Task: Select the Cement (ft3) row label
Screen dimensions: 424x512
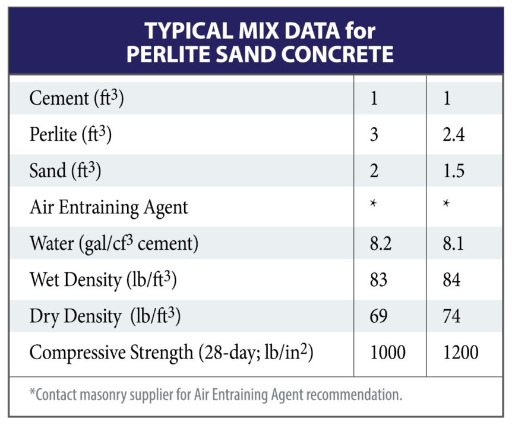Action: tap(76, 99)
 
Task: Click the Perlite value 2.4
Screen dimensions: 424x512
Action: tap(453, 135)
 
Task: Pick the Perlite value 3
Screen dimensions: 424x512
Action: tap(374, 135)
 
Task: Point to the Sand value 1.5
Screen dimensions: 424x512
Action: tap(453, 171)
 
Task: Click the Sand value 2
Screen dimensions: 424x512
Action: tap(374, 171)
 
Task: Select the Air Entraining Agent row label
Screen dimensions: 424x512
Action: tap(109, 207)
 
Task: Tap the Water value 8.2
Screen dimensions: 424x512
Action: tap(381, 243)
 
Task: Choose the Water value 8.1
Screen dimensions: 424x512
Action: tap(453, 243)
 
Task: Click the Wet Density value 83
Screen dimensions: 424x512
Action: tap(379, 279)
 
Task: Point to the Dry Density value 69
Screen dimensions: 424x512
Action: tap(379, 316)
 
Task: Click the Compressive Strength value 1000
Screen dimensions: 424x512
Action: tap(388, 352)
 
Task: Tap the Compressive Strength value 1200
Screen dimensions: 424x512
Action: tap(460, 352)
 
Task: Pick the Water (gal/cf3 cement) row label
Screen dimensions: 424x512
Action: tap(113, 244)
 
